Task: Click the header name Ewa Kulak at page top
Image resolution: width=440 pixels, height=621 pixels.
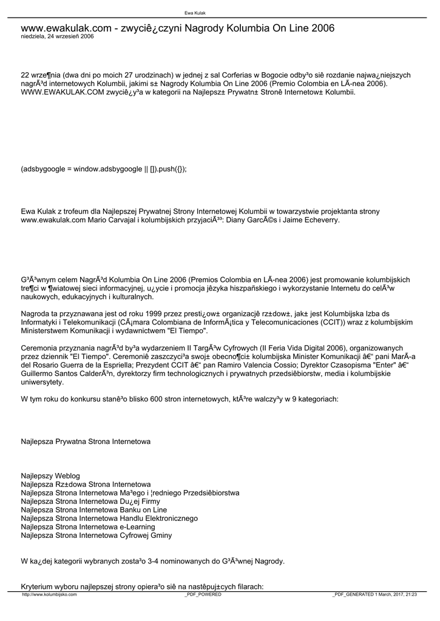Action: (195, 13)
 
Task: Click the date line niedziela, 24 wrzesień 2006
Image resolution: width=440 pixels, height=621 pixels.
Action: (57, 36)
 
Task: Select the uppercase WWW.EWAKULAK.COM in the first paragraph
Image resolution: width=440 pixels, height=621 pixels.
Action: (59, 93)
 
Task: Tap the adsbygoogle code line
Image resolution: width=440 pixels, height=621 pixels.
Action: (104, 169)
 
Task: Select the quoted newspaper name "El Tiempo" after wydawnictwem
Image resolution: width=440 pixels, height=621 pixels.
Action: (191, 332)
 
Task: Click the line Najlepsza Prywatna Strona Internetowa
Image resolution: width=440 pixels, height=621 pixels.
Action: (86, 442)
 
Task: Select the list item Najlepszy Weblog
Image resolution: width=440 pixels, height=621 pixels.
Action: (50, 476)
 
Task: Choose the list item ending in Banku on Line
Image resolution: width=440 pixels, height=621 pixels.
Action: (94, 510)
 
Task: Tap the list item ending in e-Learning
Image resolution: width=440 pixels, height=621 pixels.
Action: (88, 527)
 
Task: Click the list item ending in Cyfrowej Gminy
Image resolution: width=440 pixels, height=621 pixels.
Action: (96, 535)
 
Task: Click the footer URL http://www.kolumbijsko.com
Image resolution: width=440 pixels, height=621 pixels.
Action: (49, 595)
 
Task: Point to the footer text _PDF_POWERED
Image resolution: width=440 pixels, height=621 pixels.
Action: (203, 595)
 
